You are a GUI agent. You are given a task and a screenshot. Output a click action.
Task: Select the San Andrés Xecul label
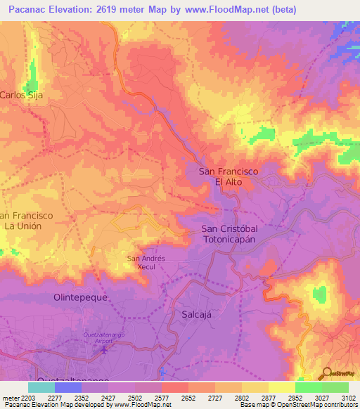click(146, 262)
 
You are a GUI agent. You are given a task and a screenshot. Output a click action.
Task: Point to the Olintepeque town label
click(80, 297)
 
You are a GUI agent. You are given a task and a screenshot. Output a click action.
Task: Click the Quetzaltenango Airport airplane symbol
click(105, 349)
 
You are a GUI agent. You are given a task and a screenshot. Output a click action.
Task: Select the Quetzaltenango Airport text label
click(105, 337)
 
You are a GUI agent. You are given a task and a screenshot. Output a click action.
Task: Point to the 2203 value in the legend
click(27, 398)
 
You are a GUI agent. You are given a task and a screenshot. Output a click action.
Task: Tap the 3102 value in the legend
click(348, 398)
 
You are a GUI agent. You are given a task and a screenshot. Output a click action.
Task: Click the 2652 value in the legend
click(188, 398)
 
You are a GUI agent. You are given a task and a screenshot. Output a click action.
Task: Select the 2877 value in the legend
click(268, 398)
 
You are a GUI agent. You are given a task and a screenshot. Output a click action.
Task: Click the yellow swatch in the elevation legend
click(281, 387)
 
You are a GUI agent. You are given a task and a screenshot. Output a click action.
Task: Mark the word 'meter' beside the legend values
click(8, 398)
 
